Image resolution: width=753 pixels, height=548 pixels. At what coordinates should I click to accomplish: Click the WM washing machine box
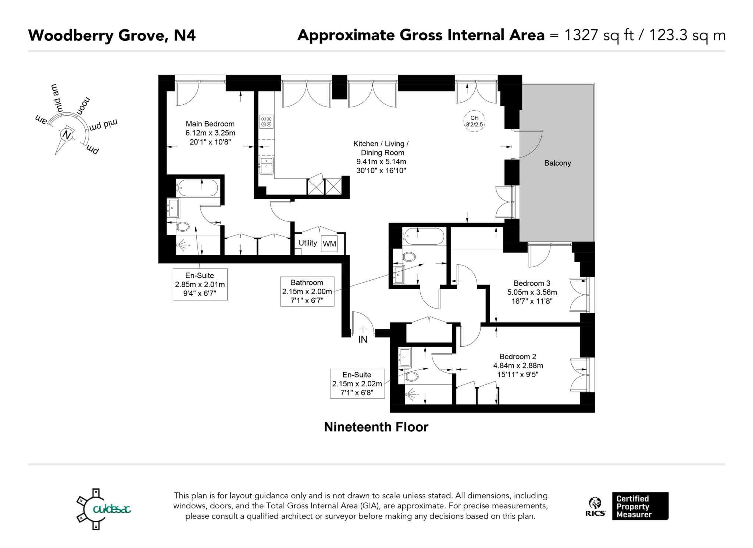tap(329, 244)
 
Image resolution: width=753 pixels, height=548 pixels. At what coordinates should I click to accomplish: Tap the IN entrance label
tap(363, 340)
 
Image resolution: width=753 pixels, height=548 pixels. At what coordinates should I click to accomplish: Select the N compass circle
tap(67, 134)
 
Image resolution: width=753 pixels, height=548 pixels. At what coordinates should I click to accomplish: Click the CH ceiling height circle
tap(474, 121)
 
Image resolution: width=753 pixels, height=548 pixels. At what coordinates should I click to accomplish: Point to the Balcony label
tap(557, 163)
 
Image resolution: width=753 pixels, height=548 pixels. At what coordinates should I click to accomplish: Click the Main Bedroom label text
tap(210, 124)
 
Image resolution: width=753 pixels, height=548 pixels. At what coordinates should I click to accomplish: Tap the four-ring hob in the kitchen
tap(267, 122)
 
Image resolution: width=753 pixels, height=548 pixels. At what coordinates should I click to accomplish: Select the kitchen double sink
tap(266, 165)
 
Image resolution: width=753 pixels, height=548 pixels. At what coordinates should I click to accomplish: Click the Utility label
tap(308, 243)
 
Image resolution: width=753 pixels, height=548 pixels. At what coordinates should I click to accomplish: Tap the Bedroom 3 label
tap(532, 283)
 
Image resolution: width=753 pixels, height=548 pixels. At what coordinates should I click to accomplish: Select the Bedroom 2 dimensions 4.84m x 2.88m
tap(518, 365)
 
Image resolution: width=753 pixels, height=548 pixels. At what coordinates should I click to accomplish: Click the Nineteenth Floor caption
tap(376, 427)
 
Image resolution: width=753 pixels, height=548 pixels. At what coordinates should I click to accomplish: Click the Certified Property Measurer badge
tap(640, 506)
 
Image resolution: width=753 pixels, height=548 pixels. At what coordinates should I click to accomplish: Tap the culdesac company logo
tap(103, 509)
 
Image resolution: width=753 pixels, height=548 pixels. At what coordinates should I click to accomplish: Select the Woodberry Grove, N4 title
tap(112, 36)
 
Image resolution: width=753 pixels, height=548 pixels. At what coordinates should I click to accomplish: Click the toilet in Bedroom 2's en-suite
tap(413, 376)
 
